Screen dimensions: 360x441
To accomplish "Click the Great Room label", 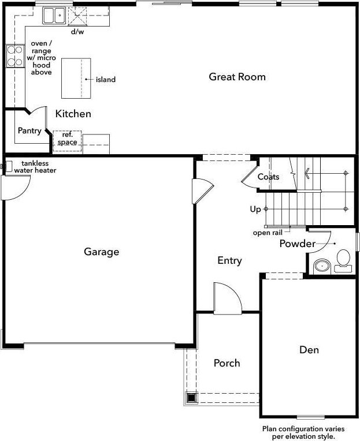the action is click(237, 77).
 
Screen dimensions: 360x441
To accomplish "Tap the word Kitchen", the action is click(73, 114).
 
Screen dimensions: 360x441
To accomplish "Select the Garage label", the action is click(101, 252).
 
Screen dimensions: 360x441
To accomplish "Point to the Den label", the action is click(309, 350).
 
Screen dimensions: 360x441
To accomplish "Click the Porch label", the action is click(227, 363).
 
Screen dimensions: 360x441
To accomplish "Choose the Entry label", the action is click(229, 260).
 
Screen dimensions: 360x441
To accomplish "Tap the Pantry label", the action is click(29, 130).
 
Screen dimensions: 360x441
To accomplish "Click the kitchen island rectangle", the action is click(76, 79).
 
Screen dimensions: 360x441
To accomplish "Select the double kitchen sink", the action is click(54, 16).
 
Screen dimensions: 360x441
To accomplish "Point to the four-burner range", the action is click(15, 56).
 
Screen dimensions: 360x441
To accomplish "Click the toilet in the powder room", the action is click(343, 261).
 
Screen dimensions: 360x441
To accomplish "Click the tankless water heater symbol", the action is click(8, 166).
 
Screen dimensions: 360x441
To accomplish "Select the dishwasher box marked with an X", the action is click(77, 16).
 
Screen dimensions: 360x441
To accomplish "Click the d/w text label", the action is click(77, 32).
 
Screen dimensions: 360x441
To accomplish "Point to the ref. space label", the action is click(67, 139).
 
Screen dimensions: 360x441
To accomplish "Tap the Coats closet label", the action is click(269, 177).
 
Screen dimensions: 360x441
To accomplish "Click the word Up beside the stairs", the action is click(255, 210).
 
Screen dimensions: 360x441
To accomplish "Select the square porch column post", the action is click(191, 398).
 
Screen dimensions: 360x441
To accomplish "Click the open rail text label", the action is click(268, 233).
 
